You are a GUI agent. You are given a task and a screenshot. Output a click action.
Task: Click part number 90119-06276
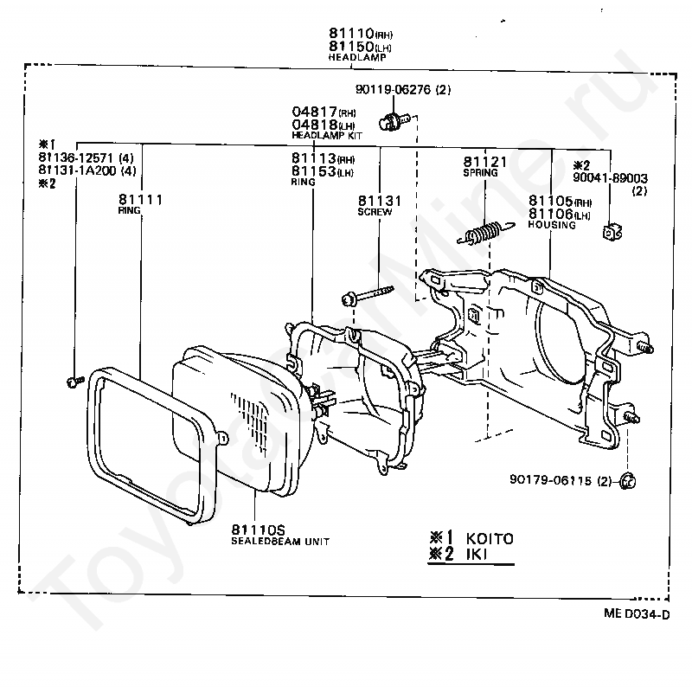(x=393, y=90)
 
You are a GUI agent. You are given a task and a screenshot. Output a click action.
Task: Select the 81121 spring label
(x=485, y=166)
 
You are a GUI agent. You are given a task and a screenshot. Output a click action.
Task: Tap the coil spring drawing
(x=485, y=233)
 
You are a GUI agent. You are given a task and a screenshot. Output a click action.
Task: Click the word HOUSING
(x=552, y=225)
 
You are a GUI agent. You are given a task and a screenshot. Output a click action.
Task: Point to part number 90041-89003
(x=610, y=178)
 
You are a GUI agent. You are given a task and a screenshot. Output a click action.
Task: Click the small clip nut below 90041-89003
(x=612, y=232)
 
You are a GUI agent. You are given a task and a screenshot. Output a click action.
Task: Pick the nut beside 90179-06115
(x=627, y=481)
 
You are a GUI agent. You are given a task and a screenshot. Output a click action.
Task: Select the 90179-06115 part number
(x=550, y=480)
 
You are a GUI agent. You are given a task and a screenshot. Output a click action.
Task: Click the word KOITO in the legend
(x=490, y=539)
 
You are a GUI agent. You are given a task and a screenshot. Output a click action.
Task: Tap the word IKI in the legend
(x=477, y=554)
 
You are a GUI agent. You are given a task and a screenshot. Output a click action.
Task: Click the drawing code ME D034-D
(x=637, y=613)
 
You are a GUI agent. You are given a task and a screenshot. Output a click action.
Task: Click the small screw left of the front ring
(x=75, y=381)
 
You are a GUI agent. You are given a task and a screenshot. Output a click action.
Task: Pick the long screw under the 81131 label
(x=368, y=296)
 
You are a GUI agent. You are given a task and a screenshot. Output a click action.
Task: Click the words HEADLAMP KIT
(x=327, y=136)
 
